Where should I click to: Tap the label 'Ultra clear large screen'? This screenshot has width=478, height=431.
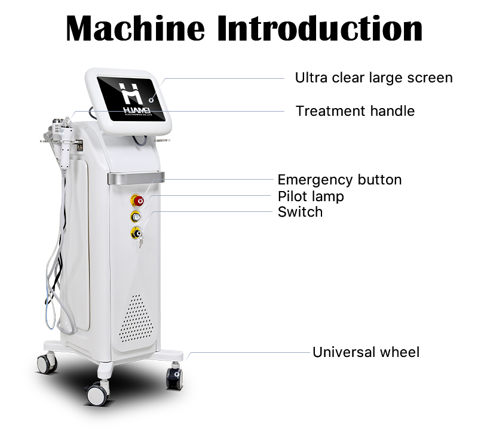[x=373, y=78]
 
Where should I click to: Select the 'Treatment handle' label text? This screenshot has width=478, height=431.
[x=355, y=111]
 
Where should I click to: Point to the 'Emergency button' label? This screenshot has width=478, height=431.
[x=339, y=180]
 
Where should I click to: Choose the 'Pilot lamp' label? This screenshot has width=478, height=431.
[x=311, y=196]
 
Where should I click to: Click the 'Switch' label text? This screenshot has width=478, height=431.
[x=300, y=212]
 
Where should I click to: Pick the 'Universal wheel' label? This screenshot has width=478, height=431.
[x=366, y=352]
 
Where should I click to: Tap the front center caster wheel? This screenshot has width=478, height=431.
[x=96, y=394]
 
